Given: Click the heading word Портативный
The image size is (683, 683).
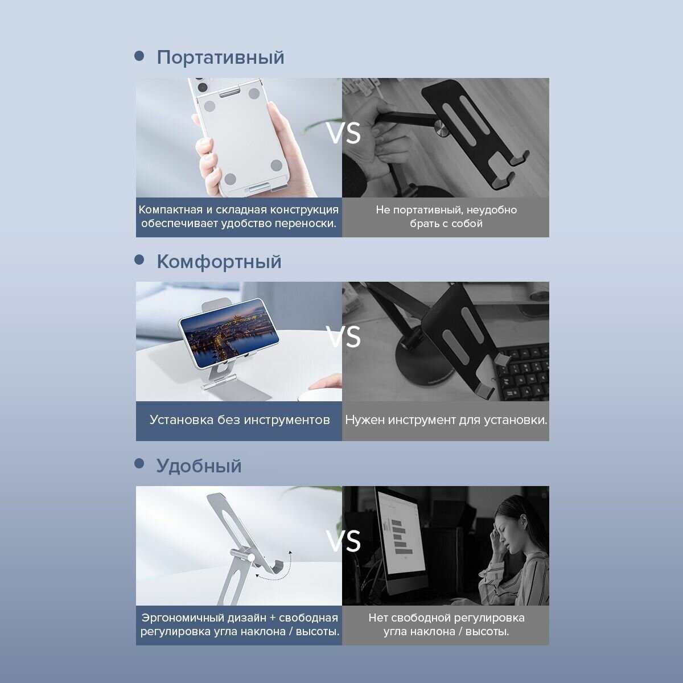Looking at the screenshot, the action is [220, 57].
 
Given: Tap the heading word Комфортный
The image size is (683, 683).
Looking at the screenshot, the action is [219, 262].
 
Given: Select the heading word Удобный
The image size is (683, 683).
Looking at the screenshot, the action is [199, 466].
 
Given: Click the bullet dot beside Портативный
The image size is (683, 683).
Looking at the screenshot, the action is [139, 56].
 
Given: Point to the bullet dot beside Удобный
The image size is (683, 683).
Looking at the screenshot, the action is [139, 463].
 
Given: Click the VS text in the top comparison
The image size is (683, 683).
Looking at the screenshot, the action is [343, 133].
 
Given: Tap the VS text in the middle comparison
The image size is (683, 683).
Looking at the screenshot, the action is [343, 337].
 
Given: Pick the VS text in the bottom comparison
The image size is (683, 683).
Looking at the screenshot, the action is [343, 541].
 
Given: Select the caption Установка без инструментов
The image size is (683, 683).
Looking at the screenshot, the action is [240, 419].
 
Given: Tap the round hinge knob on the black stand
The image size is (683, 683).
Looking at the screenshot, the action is [442, 129].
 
